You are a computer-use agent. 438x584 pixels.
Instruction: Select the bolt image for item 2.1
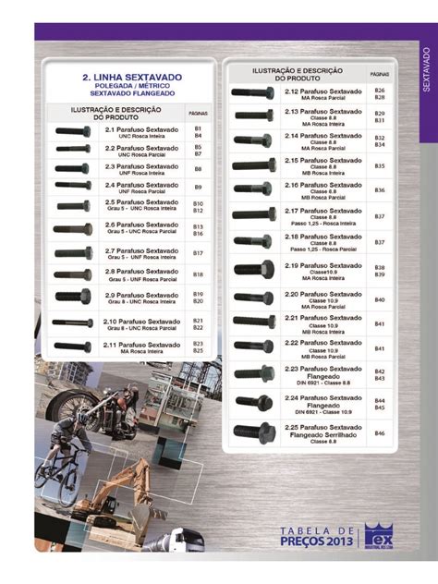coord(73,131)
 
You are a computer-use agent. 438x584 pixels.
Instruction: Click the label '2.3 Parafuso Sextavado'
coord(141,165)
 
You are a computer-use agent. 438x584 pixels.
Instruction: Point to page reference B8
coord(198,169)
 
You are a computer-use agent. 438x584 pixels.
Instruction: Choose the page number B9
coord(198,188)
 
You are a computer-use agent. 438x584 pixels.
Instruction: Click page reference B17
coord(198,252)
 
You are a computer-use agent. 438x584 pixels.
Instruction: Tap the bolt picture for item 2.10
coord(72,322)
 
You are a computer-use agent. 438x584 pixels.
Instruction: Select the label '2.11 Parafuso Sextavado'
coord(141,344)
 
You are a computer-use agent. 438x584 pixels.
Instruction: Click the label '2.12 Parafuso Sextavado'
coord(322,91)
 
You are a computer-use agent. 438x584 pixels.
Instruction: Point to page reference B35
coord(379,165)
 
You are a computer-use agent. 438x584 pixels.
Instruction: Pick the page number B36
coord(379,190)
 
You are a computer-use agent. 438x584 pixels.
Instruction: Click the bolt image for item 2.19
coord(253,270)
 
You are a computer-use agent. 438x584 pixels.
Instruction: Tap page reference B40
coord(379,299)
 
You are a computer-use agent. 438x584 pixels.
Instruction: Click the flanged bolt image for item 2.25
coord(254,431)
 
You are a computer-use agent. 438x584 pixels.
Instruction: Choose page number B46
coord(379,432)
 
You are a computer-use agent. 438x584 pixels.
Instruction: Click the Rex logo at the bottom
coord(379,535)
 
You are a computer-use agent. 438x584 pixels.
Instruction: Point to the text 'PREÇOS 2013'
coord(318,541)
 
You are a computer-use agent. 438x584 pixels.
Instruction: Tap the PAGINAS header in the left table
coord(198,113)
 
